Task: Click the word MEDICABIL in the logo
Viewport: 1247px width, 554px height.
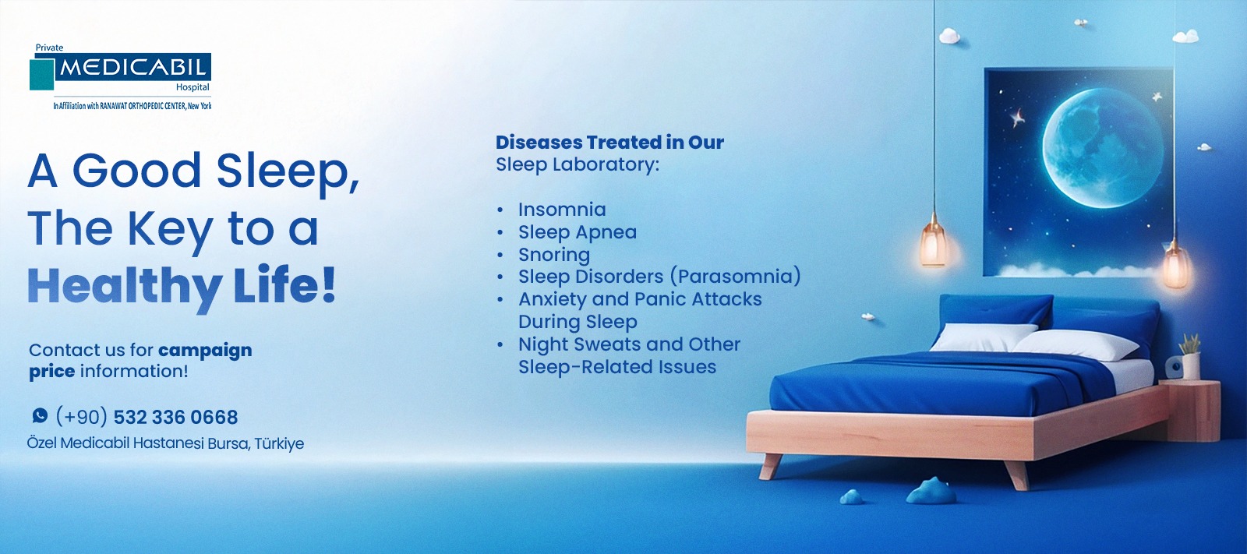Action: [x=133, y=68]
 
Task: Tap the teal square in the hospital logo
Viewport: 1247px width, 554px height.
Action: [x=42, y=74]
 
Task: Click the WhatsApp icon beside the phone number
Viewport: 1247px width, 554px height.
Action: [x=40, y=415]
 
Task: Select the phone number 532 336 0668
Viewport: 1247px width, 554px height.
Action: [x=175, y=417]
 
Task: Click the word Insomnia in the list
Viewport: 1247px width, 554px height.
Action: [x=562, y=210]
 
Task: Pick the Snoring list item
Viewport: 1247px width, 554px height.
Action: [x=554, y=255]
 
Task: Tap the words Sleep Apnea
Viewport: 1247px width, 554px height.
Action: [x=578, y=232]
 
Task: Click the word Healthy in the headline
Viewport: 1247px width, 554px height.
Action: [x=125, y=286]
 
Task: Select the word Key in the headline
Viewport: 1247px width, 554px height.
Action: [x=171, y=229]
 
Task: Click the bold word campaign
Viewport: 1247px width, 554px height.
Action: [x=205, y=351]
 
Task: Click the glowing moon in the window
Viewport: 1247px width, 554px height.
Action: [x=1102, y=148]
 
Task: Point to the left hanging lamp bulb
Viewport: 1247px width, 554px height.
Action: [x=934, y=244]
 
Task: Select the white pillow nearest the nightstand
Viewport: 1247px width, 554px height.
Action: [x=1076, y=345]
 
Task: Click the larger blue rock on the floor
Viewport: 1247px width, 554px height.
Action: [x=931, y=491]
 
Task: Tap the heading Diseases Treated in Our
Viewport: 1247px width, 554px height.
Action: [x=609, y=143]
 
